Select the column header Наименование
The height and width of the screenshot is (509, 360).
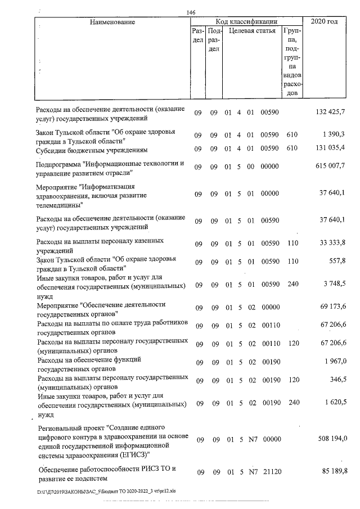pyautogui.click(x=112, y=22)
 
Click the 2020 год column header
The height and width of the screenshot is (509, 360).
pyautogui.click(x=328, y=22)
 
